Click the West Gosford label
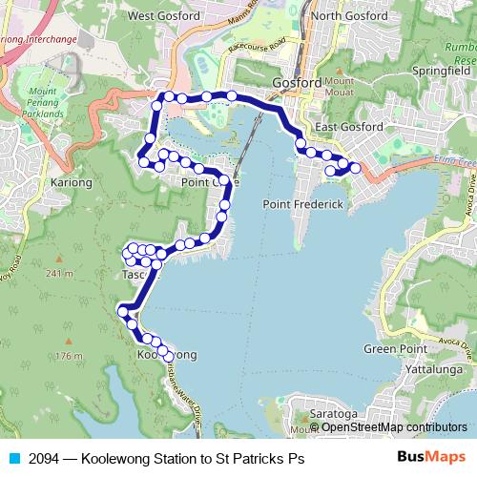click(x=154, y=15)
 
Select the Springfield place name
click(x=443, y=70)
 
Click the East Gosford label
click(x=350, y=127)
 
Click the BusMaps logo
click(x=430, y=458)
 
